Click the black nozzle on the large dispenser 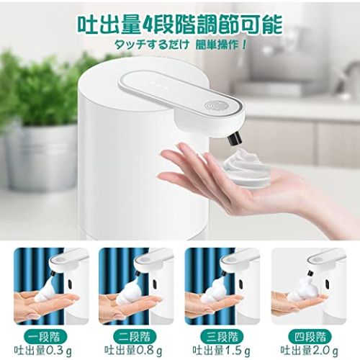pos(233,139)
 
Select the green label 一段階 pos(45,336)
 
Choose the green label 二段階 pos(135,336)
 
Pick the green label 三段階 pos(222,336)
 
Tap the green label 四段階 pos(310,336)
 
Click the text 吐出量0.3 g pos(43,351)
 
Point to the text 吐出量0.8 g pos(133,351)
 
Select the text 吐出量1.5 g pos(221,351)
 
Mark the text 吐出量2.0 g pos(310,351)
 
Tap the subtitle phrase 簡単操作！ pos(221,45)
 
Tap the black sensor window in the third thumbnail pos(241,283)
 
